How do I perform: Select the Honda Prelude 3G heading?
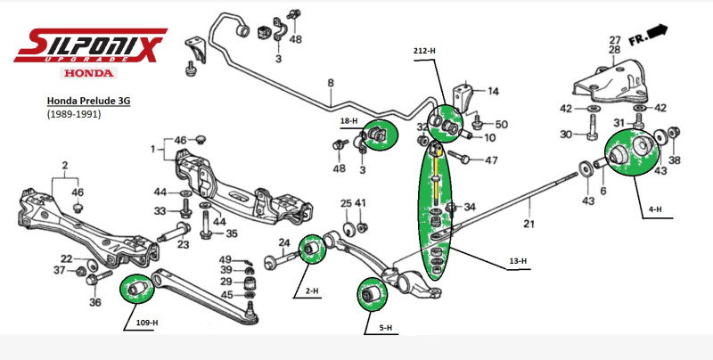(88, 102)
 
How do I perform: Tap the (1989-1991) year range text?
(73, 115)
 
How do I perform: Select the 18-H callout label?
(348, 120)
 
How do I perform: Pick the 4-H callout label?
(655, 209)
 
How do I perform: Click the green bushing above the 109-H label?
(136, 289)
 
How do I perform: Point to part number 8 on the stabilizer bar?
(330, 84)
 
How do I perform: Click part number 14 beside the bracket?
(493, 91)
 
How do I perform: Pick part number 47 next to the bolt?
(491, 160)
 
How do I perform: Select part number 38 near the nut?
(674, 160)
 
